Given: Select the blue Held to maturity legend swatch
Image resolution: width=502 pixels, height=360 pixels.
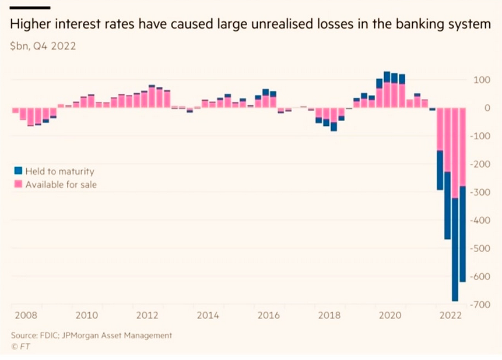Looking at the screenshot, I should point(18,171).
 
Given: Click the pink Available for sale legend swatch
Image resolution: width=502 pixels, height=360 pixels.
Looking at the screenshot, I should point(18,185).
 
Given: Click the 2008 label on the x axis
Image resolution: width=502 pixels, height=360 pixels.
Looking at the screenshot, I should point(26,316).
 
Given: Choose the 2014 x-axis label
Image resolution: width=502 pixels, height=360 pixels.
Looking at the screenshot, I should point(208,316).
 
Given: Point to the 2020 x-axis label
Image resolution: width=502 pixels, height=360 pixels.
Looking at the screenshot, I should point(389,316).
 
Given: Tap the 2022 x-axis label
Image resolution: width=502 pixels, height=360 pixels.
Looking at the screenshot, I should point(450,316).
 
